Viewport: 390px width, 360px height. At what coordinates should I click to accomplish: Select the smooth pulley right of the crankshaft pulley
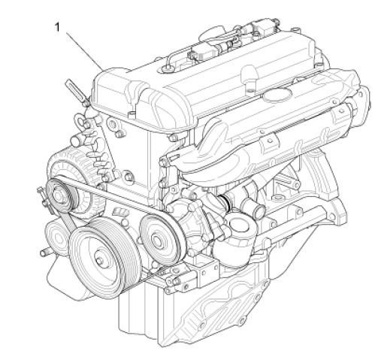156,237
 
